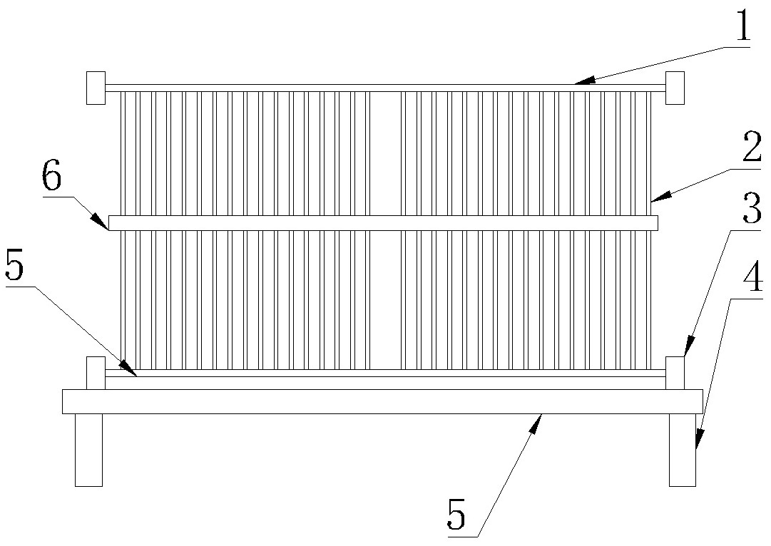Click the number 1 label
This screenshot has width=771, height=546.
click(742, 28)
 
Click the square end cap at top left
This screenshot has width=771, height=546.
click(96, 88)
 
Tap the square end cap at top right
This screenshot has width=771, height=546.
click(675, 88)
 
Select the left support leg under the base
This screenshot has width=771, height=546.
click(88, 449)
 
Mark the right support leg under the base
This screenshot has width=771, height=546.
click(683, 449)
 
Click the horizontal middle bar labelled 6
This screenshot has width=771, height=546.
click(382, 223)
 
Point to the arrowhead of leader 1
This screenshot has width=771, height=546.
click(577, 83)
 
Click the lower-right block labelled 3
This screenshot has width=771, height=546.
click(675, 373)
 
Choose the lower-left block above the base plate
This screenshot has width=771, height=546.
click(96, 373)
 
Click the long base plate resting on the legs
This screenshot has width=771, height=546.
click(382, 401)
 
